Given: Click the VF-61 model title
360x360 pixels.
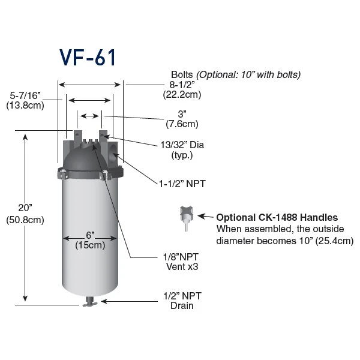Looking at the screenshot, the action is [88, 58].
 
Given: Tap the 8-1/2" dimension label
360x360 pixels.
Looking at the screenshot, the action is [182, 85].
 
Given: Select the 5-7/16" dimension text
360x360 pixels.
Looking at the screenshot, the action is [25, 95].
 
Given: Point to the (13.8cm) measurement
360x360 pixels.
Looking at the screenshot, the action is [25, 106].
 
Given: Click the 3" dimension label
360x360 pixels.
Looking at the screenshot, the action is [182, 114].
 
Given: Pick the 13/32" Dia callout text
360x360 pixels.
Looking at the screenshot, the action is [182, 145].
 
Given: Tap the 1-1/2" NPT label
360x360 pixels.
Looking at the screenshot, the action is [182, 184].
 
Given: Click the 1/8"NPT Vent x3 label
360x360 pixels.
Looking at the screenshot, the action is [181, 262].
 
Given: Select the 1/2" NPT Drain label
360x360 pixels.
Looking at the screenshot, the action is [182, 301].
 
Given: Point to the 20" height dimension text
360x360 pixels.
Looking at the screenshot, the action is [25, 208].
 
